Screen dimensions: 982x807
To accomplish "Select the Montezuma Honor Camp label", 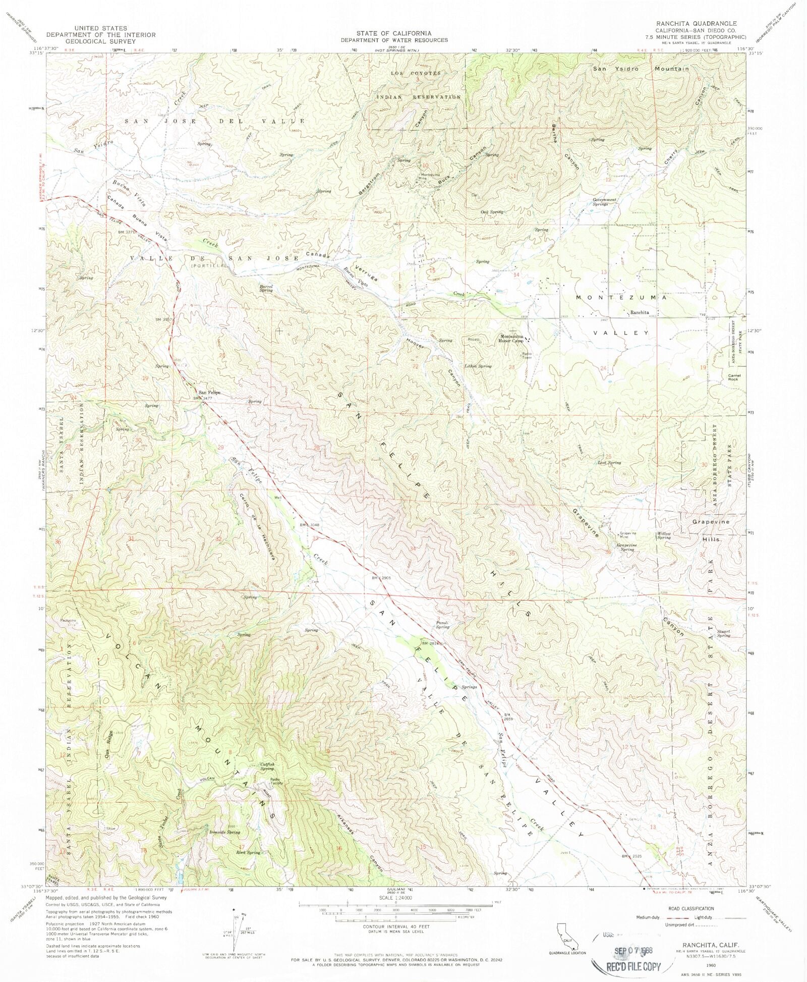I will [x=512, y=339].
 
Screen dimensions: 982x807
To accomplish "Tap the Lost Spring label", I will [x=609, y=462].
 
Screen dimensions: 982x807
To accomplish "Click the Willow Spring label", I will [x=664, y=535].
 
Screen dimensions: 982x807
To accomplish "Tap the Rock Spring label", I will [x=248, y=852].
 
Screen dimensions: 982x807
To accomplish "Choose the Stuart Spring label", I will [x=723, y=633].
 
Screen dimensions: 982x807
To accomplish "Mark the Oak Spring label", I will [x=492, y=212].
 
